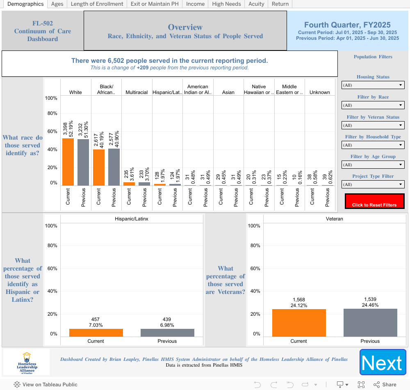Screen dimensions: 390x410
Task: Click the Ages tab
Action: click(57, 4)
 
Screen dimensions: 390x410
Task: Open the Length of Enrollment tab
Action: click(97, 4)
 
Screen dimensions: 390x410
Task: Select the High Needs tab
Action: click(226, 4)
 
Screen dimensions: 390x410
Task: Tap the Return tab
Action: click(280, 4)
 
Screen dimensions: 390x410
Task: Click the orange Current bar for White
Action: click(68, 162)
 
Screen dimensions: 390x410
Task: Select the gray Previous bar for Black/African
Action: click(114, 167)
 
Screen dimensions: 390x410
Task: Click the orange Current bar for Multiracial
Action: click(129, 184)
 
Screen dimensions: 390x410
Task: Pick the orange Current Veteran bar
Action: click(298, 323)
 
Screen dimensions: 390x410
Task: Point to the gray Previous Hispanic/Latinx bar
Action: click(167, 333)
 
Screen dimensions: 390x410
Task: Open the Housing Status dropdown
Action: click(373, 85)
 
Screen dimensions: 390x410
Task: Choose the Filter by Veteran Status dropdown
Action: click(373, 125)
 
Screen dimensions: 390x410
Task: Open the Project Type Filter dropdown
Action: click(373, 184)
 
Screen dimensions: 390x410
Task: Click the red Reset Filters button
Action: click(374, 201)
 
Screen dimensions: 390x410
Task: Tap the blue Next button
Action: click(383, 362)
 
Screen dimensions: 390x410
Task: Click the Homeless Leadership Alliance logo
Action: click(27, 362)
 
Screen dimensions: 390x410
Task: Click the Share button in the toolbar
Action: click(385, 385)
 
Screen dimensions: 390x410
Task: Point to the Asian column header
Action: click(228, 92)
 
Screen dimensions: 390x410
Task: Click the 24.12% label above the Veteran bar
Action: click(298, 305)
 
